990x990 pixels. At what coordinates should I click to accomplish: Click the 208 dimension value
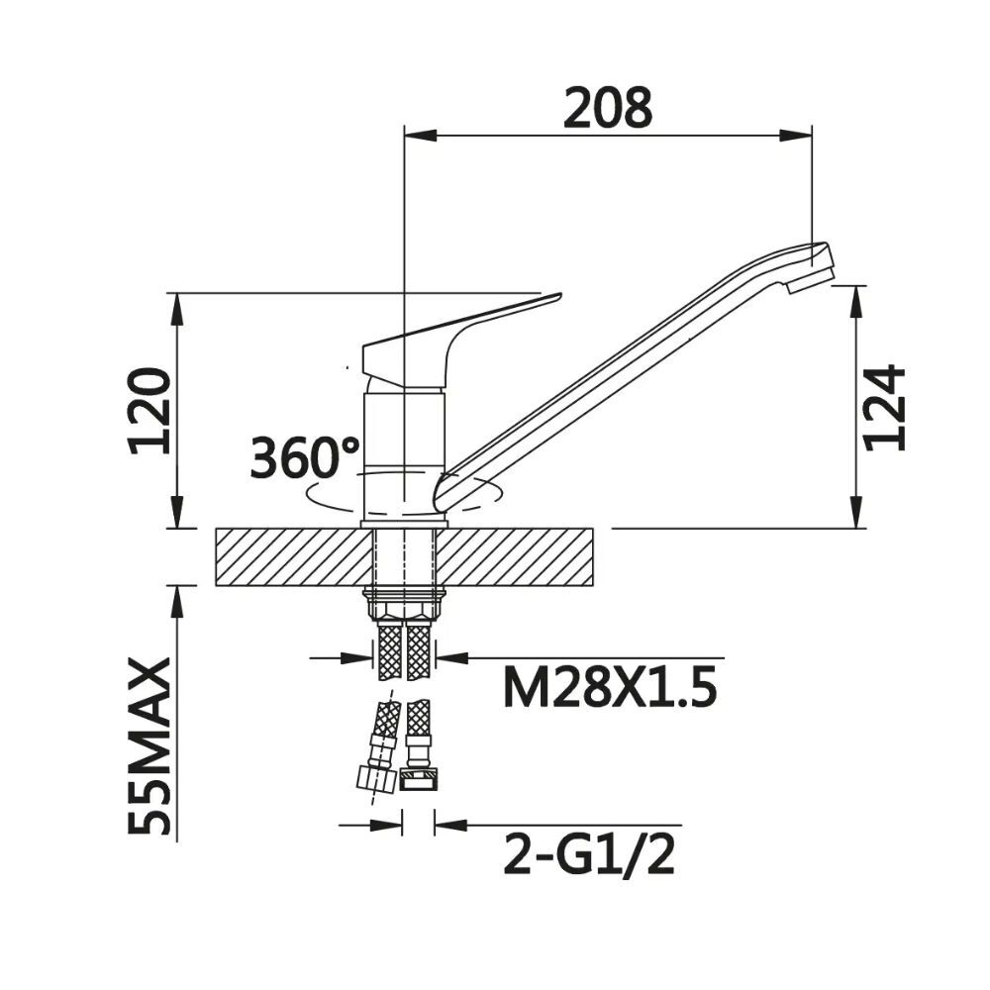tap(608, 108)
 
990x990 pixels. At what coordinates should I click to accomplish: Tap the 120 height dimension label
tap(149, 411)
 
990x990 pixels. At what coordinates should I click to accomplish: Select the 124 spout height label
tap(884, 407)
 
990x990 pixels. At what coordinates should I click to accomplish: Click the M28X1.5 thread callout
tap(610, 689)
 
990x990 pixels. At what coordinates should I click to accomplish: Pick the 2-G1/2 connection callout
tap(589, 853)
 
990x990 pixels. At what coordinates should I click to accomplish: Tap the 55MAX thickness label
tap(149, 745)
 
